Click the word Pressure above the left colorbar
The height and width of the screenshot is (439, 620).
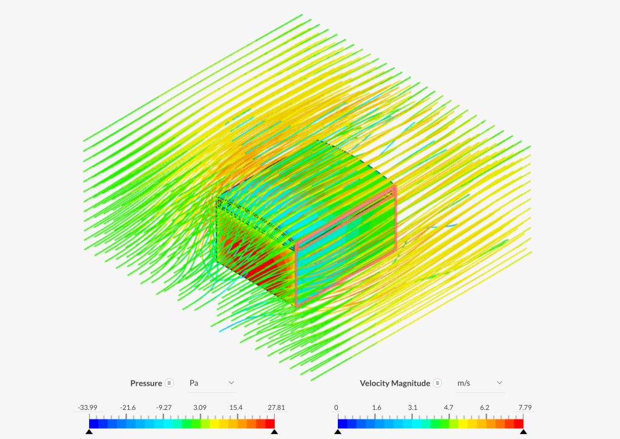(146, 383)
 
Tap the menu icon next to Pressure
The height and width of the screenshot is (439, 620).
(170, 383)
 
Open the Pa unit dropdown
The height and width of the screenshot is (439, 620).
(211, 383)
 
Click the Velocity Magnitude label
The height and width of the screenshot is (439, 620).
(395, 383)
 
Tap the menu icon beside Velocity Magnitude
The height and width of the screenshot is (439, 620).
(437, 383)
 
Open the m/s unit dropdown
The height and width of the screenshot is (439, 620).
(480, 383)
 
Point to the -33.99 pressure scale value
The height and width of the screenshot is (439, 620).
(87, 408)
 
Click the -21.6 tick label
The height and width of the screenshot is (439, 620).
(128, 408)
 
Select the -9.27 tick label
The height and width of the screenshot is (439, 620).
(163, 408)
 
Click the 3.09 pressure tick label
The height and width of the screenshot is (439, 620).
(200, 408)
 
